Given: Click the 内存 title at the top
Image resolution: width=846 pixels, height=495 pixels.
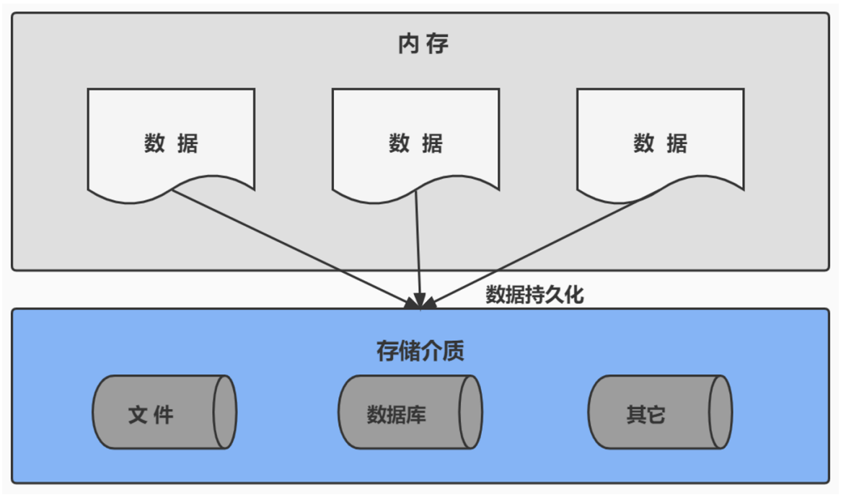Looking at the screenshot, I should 423,45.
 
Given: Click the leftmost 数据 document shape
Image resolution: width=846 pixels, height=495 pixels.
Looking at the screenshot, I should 171,143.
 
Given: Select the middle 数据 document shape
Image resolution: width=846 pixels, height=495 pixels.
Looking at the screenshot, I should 415,143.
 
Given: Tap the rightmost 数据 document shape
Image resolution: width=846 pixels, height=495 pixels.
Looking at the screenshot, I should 660,143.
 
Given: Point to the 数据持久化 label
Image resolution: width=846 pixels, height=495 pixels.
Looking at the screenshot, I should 534,295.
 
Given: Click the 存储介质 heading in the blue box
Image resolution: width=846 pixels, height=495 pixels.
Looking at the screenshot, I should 420,351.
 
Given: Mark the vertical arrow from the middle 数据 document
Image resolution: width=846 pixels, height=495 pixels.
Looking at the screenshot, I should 418,245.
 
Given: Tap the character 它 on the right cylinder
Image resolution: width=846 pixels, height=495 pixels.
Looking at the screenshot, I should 656,415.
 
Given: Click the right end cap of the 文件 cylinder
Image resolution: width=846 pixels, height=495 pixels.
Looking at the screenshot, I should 224,412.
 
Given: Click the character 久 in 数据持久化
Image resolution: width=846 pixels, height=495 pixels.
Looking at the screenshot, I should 555,295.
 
